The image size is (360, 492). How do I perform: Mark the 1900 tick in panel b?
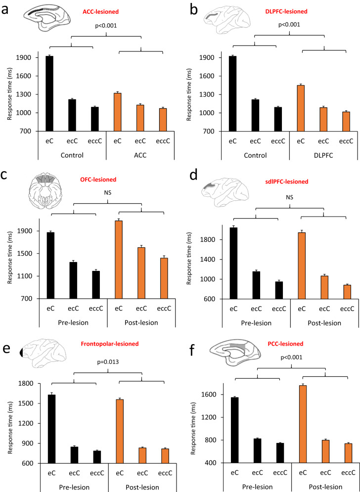point(205,58)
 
